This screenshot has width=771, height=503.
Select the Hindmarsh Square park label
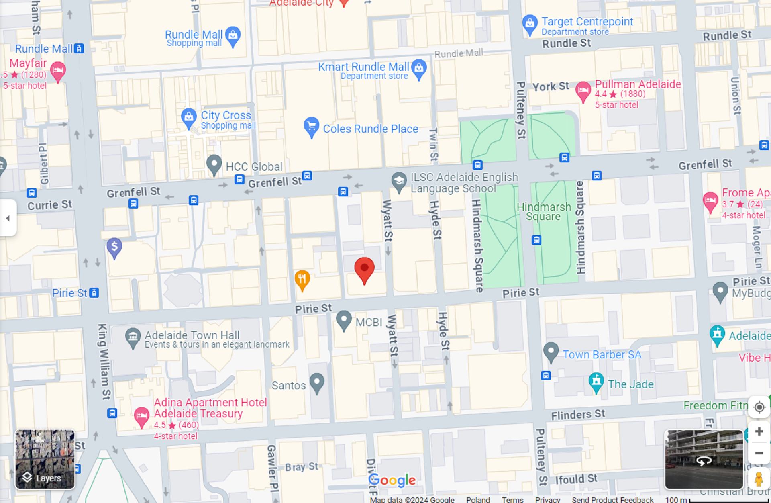tap(544, 212)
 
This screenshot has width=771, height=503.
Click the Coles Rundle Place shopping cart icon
tap(311, 127)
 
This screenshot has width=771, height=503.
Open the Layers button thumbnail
tap(45, 459)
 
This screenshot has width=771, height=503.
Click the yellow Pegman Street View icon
tap(759, 479)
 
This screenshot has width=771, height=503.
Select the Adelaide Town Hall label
tap(192, 335)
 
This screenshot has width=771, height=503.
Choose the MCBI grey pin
tap(344, 320)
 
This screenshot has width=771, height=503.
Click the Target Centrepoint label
tap(587, 22)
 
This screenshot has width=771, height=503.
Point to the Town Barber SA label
tap(602, 354)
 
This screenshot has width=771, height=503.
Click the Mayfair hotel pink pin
tap(58, 71)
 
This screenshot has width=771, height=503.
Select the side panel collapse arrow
tap(8, 218)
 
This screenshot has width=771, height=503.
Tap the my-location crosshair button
tap(759, 407)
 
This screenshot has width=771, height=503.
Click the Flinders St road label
tap(577, 415)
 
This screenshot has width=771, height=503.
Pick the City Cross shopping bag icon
tap(188, 117)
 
